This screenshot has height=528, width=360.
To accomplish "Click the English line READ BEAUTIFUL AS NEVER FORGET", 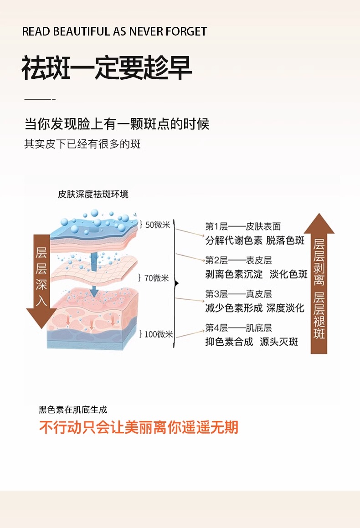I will [x=114, y=31].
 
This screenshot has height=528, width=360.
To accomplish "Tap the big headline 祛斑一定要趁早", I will [x=107, y=68].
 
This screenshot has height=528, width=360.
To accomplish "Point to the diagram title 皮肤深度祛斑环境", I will [x=93, y=195].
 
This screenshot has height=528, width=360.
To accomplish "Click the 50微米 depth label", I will [x=157, y=225].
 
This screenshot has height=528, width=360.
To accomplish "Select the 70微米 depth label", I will [x=156, y=278].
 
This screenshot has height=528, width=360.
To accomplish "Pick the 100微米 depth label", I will [x=158, y=334].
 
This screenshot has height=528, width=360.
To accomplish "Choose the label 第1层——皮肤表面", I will [x=242, y=226].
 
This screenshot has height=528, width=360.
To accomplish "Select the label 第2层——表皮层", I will [x=238, y=260].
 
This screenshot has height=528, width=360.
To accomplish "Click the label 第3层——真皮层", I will [x=238, y=294].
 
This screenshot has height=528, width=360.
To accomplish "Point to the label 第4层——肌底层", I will [x=238, y=328].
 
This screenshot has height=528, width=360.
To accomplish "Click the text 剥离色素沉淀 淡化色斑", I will [x=256, y=274].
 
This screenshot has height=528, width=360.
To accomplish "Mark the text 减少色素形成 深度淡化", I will [x=254, y=308].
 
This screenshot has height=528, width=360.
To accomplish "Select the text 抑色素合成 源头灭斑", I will [x=252, y=342].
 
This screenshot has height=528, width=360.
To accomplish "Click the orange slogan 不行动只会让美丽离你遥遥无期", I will [x=139, y=427].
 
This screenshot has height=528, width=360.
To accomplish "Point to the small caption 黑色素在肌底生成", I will [x=73, y=410].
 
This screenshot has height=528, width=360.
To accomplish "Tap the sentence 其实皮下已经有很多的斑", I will [x=82, y=144].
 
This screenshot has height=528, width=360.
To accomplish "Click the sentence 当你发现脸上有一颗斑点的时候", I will [x=117, y=124].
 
